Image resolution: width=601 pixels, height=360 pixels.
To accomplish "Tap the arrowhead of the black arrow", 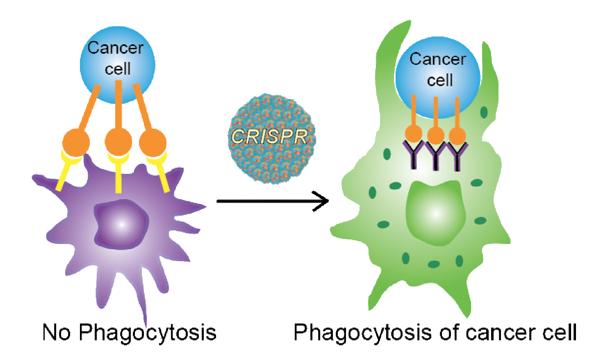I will pyautogui.click(x=324, y=201).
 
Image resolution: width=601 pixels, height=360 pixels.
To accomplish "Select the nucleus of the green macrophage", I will pyautogui.click(x=435, y=213).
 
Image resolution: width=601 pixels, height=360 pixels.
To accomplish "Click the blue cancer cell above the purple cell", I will pyautogui.click(x=117, y=62).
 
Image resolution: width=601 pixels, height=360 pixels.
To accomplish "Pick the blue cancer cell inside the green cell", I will pyautogui.click(x=437, y=74).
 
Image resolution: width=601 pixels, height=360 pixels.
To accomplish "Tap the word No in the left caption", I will pyautogui.click(x=56, y=332).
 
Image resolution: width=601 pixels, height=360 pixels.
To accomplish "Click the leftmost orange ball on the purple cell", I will pyautogui.click(x=76, y=143).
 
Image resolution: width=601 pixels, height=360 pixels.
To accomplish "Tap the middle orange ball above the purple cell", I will pyautogui.click(x=118, y=142).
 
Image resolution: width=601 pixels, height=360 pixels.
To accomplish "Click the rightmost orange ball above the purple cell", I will pyautogui.click(x=153, y=143).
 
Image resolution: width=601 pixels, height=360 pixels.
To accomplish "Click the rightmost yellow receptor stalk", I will pyautogui.click(x=163, y=176).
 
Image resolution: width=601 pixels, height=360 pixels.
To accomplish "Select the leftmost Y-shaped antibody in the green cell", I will pyautogui.click(x=414, y=155).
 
